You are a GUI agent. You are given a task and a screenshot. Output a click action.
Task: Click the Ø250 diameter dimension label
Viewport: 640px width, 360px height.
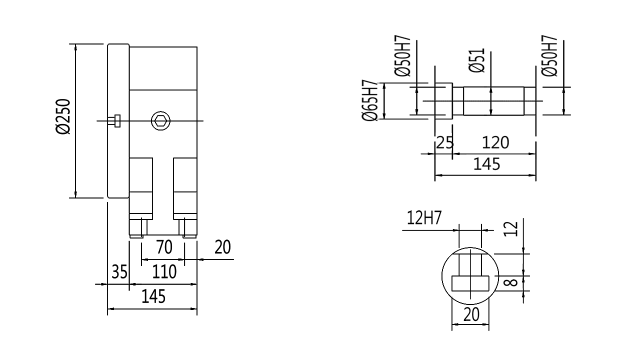[x=63, y=116]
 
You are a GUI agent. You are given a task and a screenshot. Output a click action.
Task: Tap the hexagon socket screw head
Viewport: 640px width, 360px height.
[x=160, y=121]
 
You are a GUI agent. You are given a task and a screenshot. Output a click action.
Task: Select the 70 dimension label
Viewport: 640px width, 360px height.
[x=164, y=247]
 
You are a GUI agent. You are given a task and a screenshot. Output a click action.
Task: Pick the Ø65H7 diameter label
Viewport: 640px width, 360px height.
[x=370, y=100]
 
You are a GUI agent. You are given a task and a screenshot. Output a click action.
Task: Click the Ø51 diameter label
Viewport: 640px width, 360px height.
[x=477, y=60]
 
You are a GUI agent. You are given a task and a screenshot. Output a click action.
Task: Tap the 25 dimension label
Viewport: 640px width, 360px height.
[x=445, y=142]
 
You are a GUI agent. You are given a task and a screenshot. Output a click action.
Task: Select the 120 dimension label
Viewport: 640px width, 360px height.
[x=495, y=142]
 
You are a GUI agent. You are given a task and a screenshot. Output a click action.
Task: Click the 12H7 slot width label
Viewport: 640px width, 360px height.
[x=424, y=217]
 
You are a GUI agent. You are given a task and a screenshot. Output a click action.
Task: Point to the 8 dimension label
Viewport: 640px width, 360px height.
[x=510, y=282]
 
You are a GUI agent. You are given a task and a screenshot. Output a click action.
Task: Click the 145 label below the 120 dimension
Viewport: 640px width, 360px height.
[x=487, y=164]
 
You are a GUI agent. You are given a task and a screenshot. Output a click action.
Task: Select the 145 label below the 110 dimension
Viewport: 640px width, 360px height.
[x=153, y=296]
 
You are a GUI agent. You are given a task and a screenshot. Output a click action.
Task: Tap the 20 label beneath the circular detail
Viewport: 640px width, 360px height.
[x=471, y=314]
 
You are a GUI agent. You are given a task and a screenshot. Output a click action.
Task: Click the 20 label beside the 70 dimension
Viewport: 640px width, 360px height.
[x=222, y=247]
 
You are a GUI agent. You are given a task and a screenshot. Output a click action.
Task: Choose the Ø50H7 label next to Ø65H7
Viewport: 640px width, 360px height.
[x=402, y=56]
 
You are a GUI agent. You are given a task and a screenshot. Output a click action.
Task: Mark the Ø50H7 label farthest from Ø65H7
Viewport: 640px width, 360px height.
[x=549, y=56]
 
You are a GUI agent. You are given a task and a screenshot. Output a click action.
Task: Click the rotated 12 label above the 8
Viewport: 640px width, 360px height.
[x=510, y=229]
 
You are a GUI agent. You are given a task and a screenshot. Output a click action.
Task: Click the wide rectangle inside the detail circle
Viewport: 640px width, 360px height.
[x=470, y=283]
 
